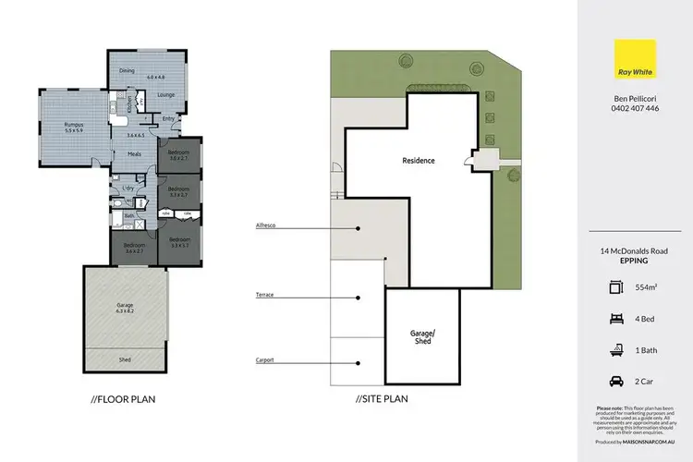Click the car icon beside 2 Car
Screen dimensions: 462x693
(x=614, y=381)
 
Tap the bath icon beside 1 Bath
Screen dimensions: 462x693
(x=614, y=348)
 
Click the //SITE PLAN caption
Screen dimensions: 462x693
(x=381, y=399)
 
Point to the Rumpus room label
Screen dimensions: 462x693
(x=74, y=125)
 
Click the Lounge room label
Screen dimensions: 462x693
(x=166, y=95)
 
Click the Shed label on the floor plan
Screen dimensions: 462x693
(x=125, y=360)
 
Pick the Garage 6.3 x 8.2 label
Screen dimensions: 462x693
(x=125, y=308)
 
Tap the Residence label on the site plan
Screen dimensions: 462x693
(x=418, y=161)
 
